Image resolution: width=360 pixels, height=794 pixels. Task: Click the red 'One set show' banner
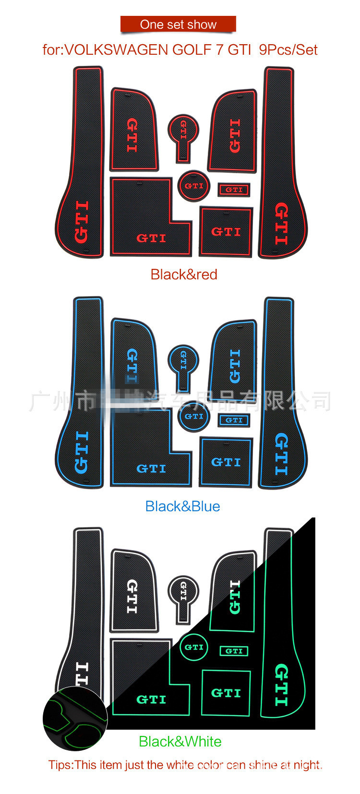(x=178, y=24)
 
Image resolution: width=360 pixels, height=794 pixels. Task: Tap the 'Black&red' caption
(x=184, y=275)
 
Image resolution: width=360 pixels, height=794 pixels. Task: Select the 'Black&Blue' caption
(x=182, y=506)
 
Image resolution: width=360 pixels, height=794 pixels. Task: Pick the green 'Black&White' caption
(x=180, y=742)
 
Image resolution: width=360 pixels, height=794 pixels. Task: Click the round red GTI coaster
(x=194, y=186)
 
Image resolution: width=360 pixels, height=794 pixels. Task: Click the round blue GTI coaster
(x=194, y=416)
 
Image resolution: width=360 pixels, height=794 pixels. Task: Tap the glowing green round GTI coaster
(x=194, y=647)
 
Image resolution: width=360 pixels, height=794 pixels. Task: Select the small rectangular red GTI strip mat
(x=234, y=190)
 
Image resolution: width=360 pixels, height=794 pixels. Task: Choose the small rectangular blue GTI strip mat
(x=234, y=420)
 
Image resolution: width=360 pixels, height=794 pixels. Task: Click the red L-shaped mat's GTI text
(x=151, y=238)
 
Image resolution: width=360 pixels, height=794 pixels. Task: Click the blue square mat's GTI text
(x=226, y=462)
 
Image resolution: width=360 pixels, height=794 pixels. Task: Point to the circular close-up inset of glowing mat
(x=75, y=718)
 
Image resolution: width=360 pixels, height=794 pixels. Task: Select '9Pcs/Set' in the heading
(x=288, y=50)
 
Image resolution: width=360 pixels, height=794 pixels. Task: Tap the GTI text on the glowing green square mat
(x=226, y=693)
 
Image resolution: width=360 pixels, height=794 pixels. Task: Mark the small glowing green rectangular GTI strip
(x=234, y=651)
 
